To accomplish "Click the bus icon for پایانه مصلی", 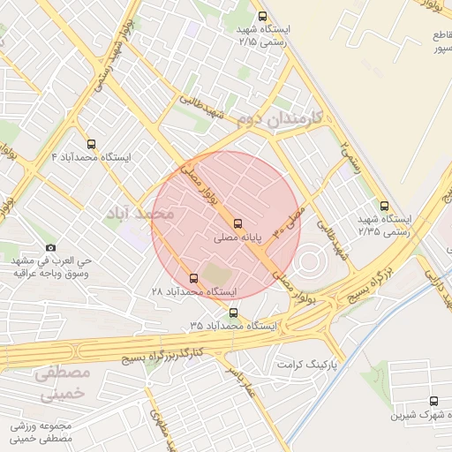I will [x=237, y=223].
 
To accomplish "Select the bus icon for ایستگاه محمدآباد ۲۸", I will [x=194, y=278].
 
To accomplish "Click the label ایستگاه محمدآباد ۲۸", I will [x=183, y=291].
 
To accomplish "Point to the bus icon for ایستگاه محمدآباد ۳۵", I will [x=233, y=313].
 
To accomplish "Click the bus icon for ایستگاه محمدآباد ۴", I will [x=91, y=144].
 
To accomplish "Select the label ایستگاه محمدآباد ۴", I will [x=91, y=157].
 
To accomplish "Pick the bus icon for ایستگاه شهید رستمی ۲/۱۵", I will [x=261, y=16].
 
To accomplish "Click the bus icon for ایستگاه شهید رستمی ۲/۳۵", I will [x=382, y=205].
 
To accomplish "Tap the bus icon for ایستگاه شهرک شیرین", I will [x=433, y=401].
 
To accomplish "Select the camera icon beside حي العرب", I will [x=50, y=247].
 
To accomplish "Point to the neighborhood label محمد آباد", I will [x=139, y=214].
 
